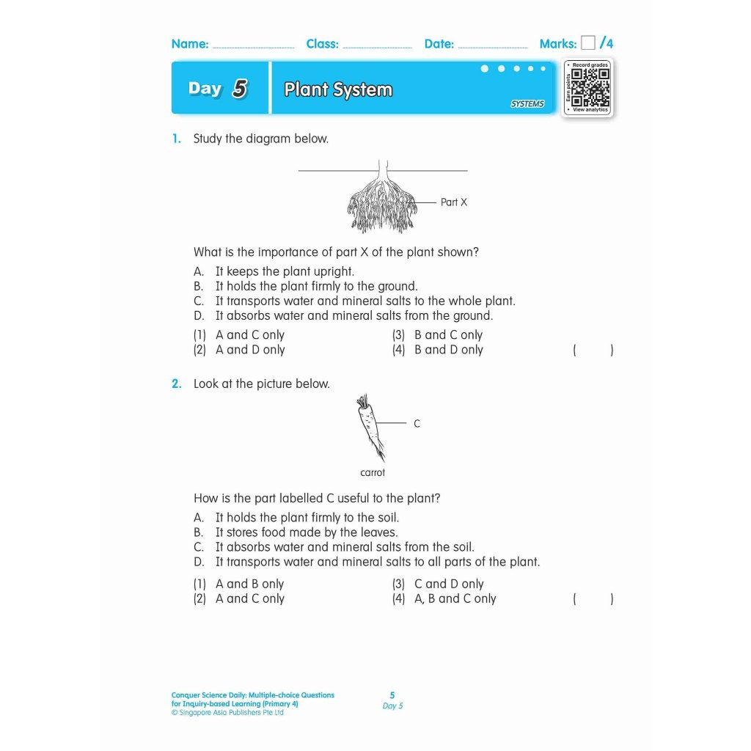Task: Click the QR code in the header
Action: tap(589, 87)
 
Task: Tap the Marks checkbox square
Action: tap(587, 43)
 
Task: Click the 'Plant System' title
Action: tap(338, 89)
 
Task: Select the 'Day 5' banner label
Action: tap(218, 89)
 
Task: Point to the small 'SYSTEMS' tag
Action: tap(527, 104)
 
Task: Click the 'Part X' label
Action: tap(453, 202)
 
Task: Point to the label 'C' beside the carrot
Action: tap(417, 424)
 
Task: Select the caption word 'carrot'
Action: tap(373, 473)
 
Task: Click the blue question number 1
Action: tap(176, 139)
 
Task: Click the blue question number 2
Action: tap(176, 384)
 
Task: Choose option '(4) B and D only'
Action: tap(438, 350)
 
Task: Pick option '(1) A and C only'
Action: tap(239, 334)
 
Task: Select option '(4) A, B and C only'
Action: tap(444, 598)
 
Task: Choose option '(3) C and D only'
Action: tap(438, 584)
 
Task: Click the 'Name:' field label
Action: tap(190, 44)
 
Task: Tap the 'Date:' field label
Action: tap(439, 44)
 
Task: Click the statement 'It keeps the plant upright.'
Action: tap(285, 271)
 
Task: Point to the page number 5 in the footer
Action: tap(392, 695)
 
